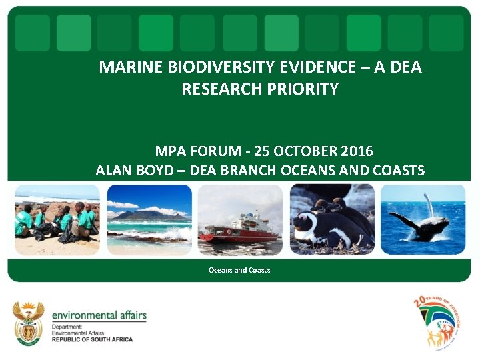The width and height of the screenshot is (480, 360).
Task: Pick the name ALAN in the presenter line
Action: (113, 171)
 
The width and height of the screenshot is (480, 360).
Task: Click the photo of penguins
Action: (331, 220)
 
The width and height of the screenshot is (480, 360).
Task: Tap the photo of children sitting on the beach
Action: (56, 219)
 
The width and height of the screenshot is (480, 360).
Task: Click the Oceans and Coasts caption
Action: (239, 270)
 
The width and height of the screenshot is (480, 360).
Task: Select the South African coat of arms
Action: (29, 323)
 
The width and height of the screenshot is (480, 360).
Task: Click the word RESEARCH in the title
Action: (224, 89)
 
